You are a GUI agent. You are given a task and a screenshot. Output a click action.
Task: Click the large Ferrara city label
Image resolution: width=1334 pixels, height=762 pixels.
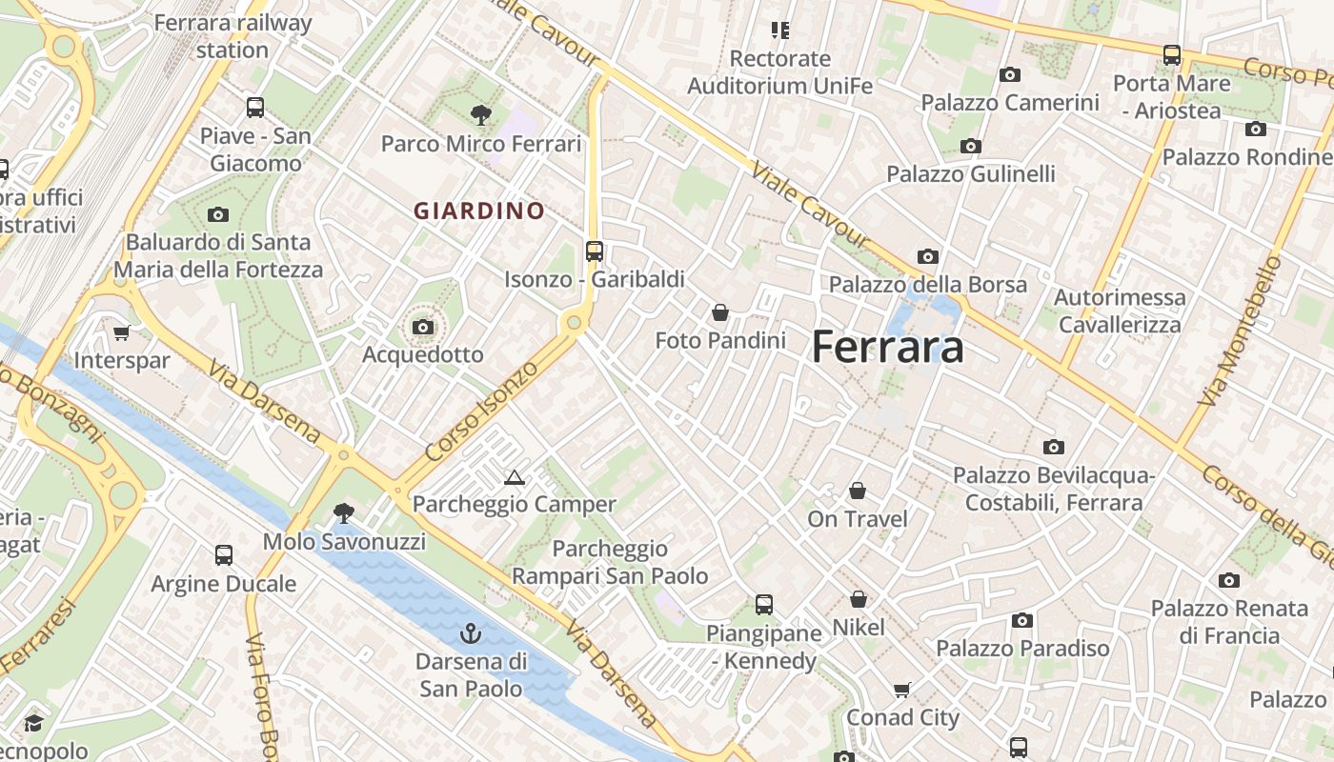[887, 348]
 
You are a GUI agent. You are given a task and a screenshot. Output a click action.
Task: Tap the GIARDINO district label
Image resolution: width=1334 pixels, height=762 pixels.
[479, 211]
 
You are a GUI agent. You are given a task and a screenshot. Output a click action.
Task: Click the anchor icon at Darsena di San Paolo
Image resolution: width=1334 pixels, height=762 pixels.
[470, 632]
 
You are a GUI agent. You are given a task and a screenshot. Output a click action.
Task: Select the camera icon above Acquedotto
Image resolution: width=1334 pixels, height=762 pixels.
[423, 327]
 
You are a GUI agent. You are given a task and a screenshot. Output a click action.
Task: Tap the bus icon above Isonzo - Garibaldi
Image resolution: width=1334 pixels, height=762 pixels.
[595, 251]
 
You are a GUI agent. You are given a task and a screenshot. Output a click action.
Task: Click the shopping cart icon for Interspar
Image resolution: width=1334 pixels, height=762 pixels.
[121, 332]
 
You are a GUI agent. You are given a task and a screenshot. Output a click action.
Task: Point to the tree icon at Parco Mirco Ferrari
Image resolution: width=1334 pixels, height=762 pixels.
[481, 115]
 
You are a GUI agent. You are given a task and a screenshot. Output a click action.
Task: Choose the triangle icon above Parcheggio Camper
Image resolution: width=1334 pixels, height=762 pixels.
[515, 477]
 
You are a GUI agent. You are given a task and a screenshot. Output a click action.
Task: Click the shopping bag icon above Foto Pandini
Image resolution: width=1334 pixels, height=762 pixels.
[720, 311]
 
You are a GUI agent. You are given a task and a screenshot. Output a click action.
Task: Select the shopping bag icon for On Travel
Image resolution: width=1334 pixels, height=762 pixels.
[858, 491]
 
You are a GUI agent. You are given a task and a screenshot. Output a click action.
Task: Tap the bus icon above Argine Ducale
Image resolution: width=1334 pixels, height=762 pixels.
[224, 554]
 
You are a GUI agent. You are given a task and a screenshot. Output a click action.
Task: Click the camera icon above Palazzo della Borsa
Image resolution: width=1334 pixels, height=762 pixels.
[928, 256]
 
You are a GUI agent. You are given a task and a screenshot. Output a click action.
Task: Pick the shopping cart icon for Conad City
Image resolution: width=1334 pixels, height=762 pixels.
[902, 689]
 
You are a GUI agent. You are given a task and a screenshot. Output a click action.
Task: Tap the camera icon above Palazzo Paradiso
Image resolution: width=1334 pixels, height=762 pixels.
[1022, 620]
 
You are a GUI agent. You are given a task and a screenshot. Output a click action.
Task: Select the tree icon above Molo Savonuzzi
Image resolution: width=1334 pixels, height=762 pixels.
[344, 513]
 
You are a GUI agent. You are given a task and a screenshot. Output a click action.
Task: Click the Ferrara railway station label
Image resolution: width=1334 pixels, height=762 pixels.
[232, 35]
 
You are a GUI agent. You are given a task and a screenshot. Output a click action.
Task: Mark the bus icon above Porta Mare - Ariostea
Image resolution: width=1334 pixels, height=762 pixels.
[1172, 54]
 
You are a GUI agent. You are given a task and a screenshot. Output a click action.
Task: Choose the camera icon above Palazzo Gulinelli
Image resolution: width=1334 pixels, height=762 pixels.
[971, 146]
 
